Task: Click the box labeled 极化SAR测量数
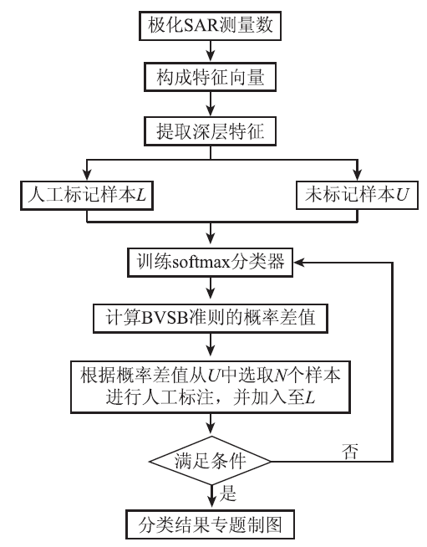211,25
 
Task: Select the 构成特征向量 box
211,77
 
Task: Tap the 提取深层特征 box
211,131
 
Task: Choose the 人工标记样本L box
87,195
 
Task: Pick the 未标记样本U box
357,195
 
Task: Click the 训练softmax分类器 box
211,263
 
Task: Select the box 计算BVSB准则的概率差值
211,318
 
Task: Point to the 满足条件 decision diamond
211,461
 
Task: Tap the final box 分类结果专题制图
211,524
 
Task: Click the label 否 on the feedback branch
349,451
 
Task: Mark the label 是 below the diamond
228,493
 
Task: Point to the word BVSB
165,318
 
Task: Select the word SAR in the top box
201,25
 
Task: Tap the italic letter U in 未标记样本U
402,195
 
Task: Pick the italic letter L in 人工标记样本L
141,195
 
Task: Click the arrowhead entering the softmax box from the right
299,263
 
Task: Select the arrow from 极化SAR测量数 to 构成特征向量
211,52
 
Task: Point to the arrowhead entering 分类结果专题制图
211,504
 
